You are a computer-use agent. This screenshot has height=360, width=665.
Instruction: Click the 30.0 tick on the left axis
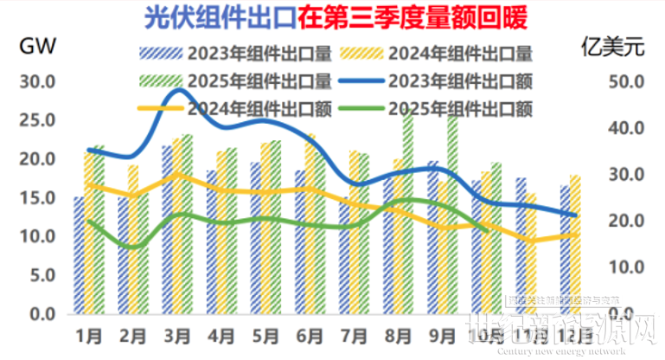36,82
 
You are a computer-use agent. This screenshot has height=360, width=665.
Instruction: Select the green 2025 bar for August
408,216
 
